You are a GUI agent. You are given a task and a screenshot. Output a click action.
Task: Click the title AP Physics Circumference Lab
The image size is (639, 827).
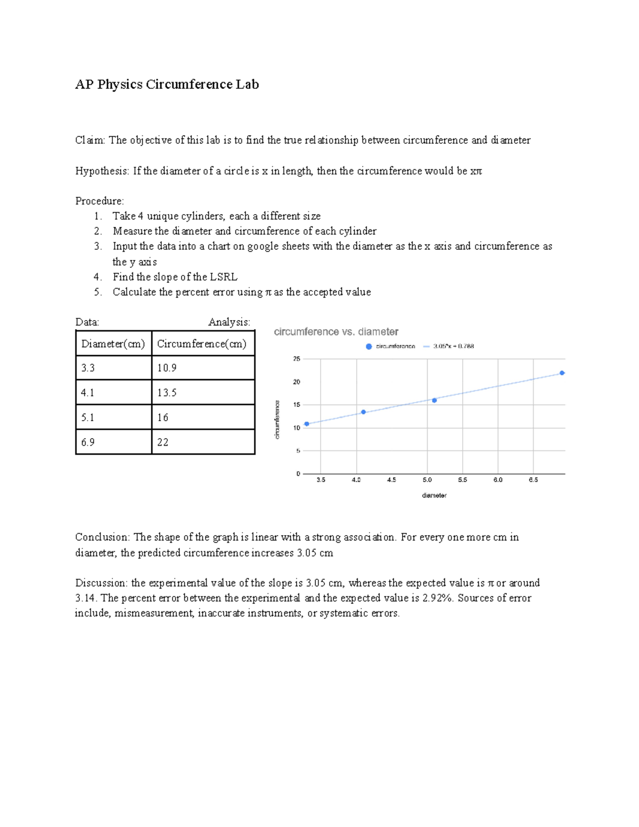(167, 85)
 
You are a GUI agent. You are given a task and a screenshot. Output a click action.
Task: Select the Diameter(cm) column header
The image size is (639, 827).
(113, 344)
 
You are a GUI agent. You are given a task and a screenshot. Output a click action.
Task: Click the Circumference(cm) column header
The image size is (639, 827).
(202, 344)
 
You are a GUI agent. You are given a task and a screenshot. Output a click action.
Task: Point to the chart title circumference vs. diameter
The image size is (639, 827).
(336, 332)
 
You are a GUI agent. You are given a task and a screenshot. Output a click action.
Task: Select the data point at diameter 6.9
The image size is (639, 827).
(562, 373)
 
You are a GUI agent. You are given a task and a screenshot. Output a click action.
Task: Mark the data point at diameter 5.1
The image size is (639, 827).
(434, 400)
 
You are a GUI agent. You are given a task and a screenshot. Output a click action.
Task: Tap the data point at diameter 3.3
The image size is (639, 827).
(307, 424)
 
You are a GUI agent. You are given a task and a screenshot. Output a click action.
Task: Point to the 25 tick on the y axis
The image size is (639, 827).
(297, 359)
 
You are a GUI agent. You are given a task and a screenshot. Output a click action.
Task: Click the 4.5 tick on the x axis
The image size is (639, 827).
(391, 480)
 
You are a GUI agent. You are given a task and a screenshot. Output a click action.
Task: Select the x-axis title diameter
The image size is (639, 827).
(434, 495)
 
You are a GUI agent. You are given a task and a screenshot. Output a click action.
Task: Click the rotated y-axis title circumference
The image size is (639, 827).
(277, 420)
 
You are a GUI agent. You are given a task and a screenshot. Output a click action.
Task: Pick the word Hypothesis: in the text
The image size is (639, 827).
(102, 171)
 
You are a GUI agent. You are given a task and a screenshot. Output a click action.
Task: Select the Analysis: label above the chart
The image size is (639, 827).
(229, 322)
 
